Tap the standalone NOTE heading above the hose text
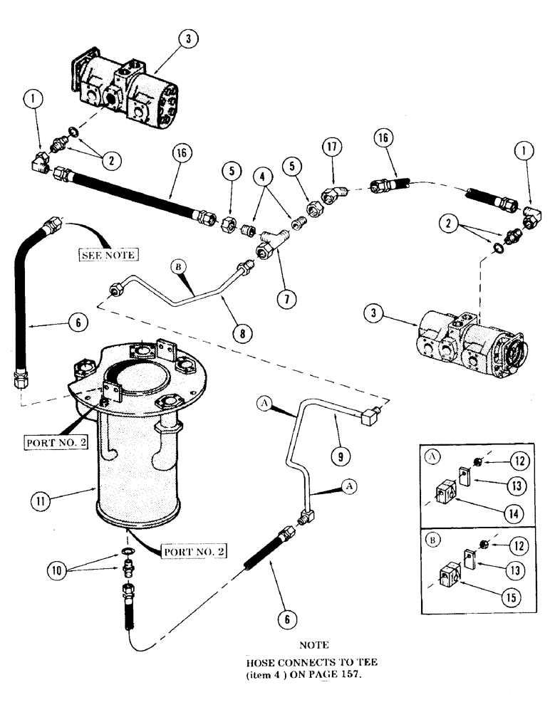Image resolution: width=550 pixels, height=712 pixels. coord(313,646)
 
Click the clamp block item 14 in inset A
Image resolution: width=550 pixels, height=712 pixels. coord(446,493)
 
